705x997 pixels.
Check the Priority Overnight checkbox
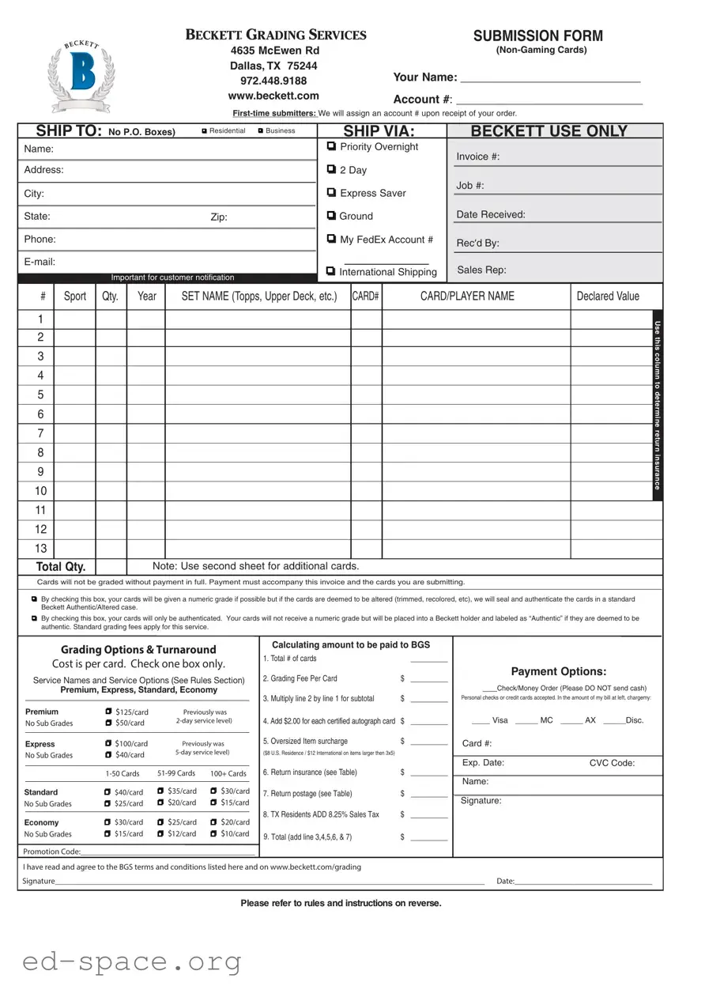pyautogui.click(x=331, y=146)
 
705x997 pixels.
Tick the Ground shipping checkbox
pyautogui.click(x=331, y=216)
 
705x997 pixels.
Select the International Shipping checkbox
pyautogui.click(x=331, y=271)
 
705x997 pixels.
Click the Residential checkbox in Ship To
pyautogui.click(x=204, y=130)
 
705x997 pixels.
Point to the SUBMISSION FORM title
pyautogui.click(x=537, y=36)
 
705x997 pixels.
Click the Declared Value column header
pyautogui.click(x=608, y=296)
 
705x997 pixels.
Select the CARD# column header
pyautogui.click(x=366, y=296)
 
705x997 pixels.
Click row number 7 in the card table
pyautogui.click(x=40, y=433)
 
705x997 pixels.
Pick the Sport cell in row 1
pyautogui.click(x=74, y=319)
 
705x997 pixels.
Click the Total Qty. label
pyautogui.click(x=61, y=567)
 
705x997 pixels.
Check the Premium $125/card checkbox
pyautogui.click(x=108, y=712)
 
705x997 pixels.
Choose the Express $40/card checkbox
pyautogui.click(x=108, y=755)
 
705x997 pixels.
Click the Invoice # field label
pyautogui.click(x=477, y=157)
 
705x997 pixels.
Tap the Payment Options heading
pyautogui.click(x=558, y=671)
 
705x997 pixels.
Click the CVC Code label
pyautogui.click(x=612, y=763)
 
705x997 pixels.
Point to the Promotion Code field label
pyautogui.click(x=52, y=852)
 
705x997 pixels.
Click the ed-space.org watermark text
pyautogui.click(x=132, y=962)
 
